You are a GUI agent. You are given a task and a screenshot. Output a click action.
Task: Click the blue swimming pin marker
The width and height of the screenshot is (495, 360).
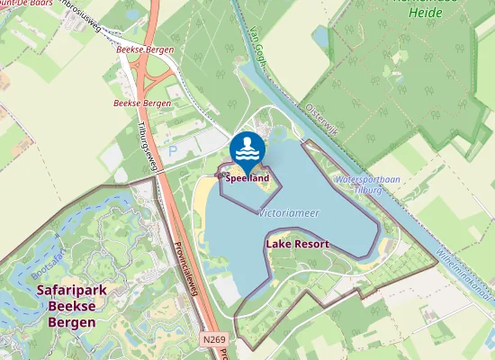click(x=247, y=149)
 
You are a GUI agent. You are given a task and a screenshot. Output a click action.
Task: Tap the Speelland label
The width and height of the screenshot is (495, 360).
click(x=247, y=178)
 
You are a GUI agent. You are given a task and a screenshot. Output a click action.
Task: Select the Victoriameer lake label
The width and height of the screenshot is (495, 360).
click(x=288, y=213)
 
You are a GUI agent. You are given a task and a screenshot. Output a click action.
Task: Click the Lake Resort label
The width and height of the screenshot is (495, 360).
click(x=297, y=244)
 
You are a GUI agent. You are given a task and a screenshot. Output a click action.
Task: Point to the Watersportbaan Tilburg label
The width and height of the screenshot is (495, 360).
click(x=359, y=185)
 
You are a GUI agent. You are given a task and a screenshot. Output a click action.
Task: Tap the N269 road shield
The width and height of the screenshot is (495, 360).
click(x=213, y=339)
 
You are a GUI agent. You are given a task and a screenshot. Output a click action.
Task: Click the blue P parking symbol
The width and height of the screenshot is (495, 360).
click(x=173, y=152)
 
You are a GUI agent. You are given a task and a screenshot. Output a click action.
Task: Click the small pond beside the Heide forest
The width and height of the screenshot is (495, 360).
click(x=321, y=36)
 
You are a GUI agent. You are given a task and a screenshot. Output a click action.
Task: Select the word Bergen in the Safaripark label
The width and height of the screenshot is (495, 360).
click(x=72, y=321)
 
